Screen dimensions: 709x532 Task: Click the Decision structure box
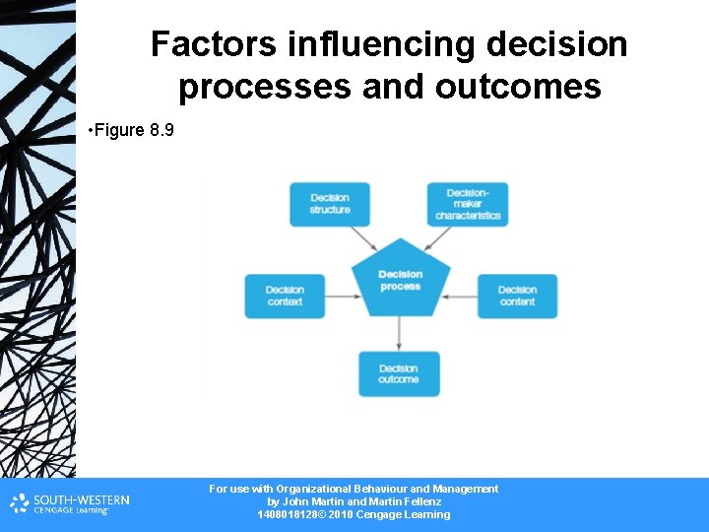pos(330,204)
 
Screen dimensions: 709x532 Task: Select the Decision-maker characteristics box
pos(468,204)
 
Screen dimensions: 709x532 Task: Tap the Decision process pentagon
pos(400,279)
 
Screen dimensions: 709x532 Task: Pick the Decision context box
pos(285,296)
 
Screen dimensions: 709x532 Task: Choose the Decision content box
pos(517,296)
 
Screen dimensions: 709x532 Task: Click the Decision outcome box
pos(399,373)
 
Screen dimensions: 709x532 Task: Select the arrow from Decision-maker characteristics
pos(436,239)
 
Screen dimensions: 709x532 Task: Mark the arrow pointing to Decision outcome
pos(399,332)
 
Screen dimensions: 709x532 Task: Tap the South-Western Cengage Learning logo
pos(70,504)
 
